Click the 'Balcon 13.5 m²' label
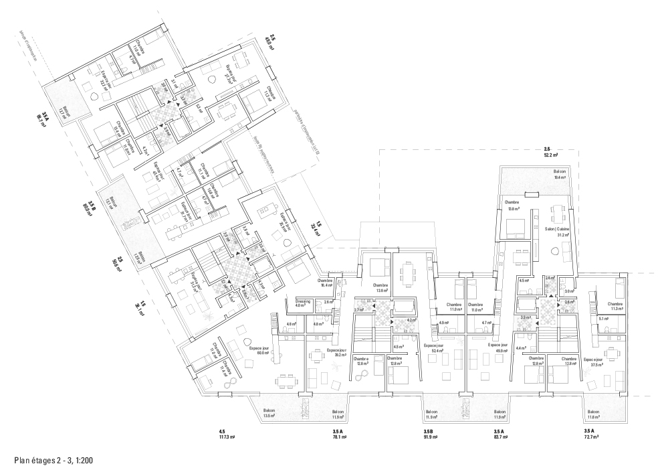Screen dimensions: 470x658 point(269,414)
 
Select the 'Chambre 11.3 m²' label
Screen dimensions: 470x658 point(616,306)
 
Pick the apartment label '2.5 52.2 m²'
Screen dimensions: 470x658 point(550,151)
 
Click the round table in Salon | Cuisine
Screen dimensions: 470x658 point(554,252)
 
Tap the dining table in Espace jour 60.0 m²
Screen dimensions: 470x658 point(286,380)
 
